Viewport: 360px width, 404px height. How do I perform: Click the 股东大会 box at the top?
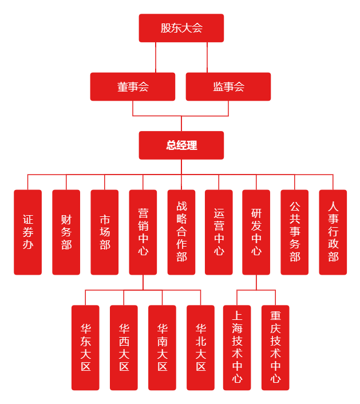tap(181, 28)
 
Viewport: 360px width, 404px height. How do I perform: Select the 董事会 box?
tap(133, 87)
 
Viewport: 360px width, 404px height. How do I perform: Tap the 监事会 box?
tap(228, 87)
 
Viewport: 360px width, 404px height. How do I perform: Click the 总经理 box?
tap(181, 145)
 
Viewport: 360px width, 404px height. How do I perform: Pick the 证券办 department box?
tap(28, 232)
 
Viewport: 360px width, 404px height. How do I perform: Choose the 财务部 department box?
tap(66, 232)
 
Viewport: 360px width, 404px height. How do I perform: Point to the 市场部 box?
tap(105, 232)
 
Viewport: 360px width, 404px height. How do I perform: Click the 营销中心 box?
tap(143, 232)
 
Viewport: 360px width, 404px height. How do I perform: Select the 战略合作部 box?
tap(181, 232)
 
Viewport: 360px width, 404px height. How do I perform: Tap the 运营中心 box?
tap(219, 232)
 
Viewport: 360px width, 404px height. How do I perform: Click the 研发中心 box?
tap(256, 232)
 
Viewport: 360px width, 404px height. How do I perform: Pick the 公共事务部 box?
tap(295, 232)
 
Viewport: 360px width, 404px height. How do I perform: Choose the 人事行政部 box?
tap(333, 232)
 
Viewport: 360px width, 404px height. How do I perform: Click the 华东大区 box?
tap(85, 348)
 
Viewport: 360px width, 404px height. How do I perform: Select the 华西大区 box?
tap(124, 348)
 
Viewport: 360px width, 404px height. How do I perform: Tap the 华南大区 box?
tap(163, 348)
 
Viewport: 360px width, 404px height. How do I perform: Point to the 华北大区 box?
tap(201, 348)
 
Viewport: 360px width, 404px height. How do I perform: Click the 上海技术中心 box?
tap(237, 348)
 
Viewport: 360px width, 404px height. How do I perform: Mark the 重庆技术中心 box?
tap(275, 348)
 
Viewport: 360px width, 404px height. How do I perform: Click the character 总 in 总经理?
tap(171, 145)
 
